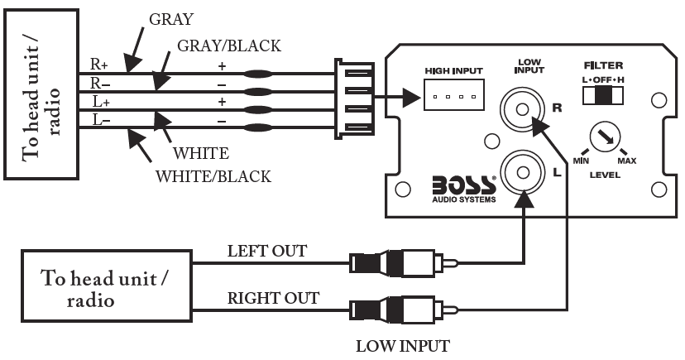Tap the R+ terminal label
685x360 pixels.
pos(98,63)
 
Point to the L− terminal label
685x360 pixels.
pos(98,121)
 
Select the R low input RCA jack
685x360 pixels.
pos(523,108)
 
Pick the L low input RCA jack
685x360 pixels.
pos(523,173)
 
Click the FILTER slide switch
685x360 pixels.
pos(603,96)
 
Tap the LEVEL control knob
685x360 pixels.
pos(606,137)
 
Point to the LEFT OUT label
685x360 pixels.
pos(267,251)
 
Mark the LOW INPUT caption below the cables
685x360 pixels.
pos(403,346)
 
